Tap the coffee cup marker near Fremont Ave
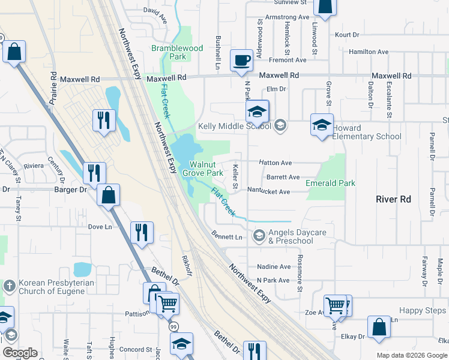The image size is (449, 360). point(242,61)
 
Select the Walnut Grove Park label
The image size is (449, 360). point(206,168)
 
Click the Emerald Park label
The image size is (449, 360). point(330,183)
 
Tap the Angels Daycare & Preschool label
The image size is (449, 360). point(291,236)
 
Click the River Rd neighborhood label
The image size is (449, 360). point(393,199)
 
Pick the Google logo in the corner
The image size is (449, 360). point(20,353)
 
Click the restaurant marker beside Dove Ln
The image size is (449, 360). point(142,232)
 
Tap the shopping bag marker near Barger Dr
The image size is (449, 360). point(108,196)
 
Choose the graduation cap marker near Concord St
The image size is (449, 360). point(181,344)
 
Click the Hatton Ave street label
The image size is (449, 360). point(275,163)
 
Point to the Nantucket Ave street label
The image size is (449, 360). point(270,192)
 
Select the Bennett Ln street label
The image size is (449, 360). point(227,237)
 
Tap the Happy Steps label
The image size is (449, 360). point(423,310)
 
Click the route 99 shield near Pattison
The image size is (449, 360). point(173,327)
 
